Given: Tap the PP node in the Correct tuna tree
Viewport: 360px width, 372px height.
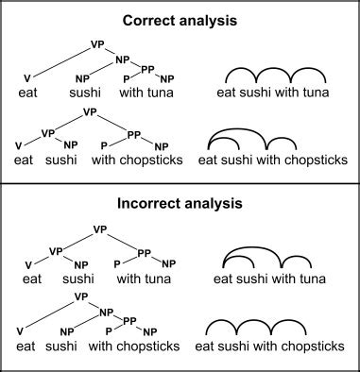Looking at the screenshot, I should pyautogui.click(x=147, y=68).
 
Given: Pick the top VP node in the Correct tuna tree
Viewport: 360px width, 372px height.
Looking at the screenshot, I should pyautogui.click(x=97, y=43).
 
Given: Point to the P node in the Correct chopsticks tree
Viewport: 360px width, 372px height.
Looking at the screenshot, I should pyautogui.click(x=104, y=146).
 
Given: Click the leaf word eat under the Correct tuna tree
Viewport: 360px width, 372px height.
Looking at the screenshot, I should pyautogui.click(x=28, y=93).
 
